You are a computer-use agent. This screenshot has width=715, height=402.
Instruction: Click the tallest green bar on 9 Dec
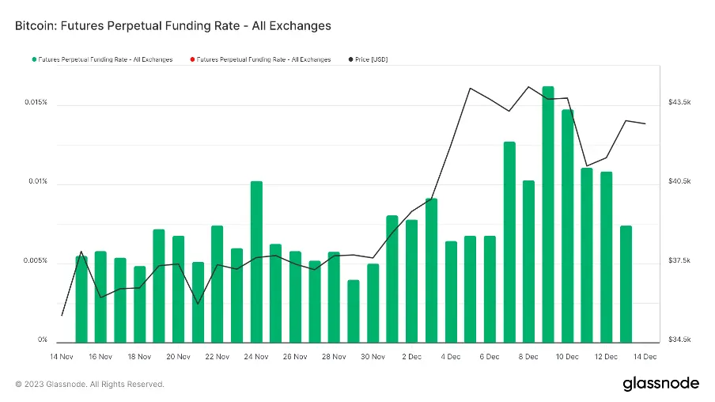tap(548, 214)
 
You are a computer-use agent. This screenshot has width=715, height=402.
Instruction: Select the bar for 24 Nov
tap(256, 261)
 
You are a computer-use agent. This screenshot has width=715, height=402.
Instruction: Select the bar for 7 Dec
tap(509, 241)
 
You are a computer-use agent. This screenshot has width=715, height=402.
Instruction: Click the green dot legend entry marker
tap(34, 59)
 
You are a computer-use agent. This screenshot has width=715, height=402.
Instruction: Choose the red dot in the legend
tap(191, 59)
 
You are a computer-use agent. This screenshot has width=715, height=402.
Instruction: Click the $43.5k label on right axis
tap(680, 103)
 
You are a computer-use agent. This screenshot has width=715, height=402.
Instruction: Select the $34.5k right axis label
tap(680, 340)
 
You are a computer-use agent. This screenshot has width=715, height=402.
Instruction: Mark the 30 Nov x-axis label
tap(373, 357)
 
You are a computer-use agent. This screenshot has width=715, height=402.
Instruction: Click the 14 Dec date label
tap(645, 357)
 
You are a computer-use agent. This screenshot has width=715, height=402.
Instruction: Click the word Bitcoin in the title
tap(36, 26)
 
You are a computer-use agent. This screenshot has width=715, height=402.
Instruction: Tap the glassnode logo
tap(660, 384)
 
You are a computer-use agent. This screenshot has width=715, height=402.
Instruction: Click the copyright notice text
tap(89, 385)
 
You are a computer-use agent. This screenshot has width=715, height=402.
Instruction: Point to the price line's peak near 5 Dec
tap(471, 88)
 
